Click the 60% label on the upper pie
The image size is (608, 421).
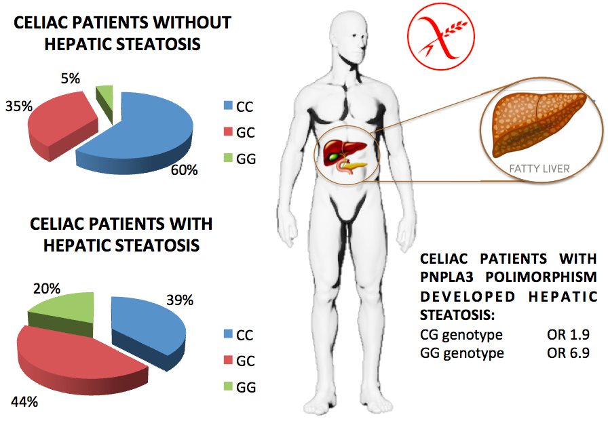coord(184,169)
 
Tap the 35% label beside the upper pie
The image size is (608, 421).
coord(18,106)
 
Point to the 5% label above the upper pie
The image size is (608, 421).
coord(70,78)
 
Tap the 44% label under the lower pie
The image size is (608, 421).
coord(24,401)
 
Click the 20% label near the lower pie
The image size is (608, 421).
coord(47,289)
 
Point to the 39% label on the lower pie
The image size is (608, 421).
coord(180,300)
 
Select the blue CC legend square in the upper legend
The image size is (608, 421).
coord(228,105)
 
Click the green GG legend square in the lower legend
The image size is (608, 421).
coord(228,386)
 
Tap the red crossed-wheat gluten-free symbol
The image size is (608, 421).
coord(441,37)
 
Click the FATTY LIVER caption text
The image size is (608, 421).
coord(539,169)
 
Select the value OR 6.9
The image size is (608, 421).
coord(569,353)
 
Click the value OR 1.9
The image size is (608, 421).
coord(569,334)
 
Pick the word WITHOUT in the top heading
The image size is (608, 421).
coord(192,22)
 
